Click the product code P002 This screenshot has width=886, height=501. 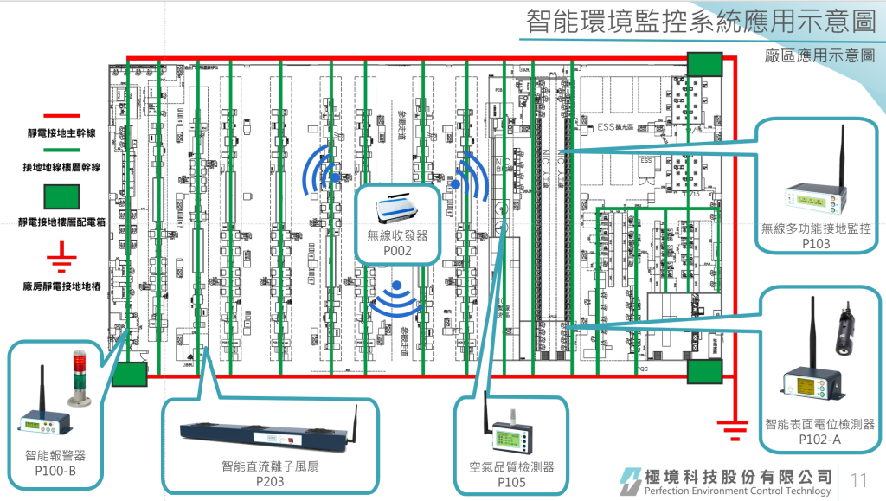click(x=397, y=251)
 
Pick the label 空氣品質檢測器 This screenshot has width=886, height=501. click(x=511, y=467)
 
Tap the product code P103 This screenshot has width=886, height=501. click(x=815, y=243)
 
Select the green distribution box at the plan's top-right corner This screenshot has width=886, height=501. click(x=704, y=64)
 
